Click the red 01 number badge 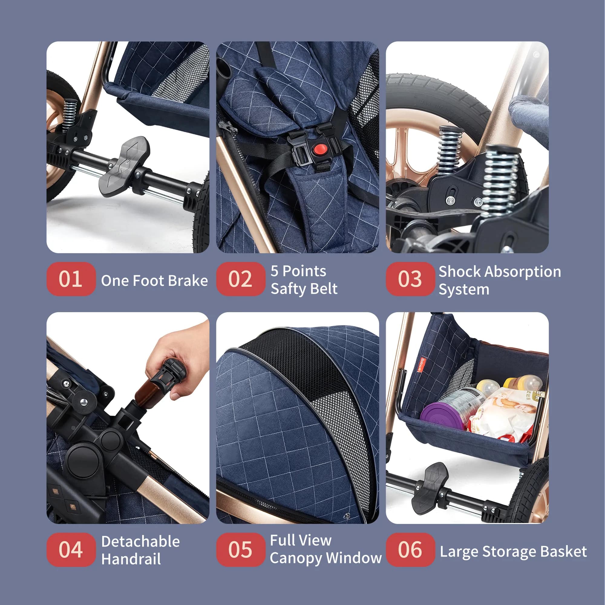[71, 279]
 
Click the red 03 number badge [410, 279]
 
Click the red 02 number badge [240, 279]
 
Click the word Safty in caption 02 [289, 288]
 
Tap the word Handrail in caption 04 [131, 559]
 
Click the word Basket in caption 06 [563, 551]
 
